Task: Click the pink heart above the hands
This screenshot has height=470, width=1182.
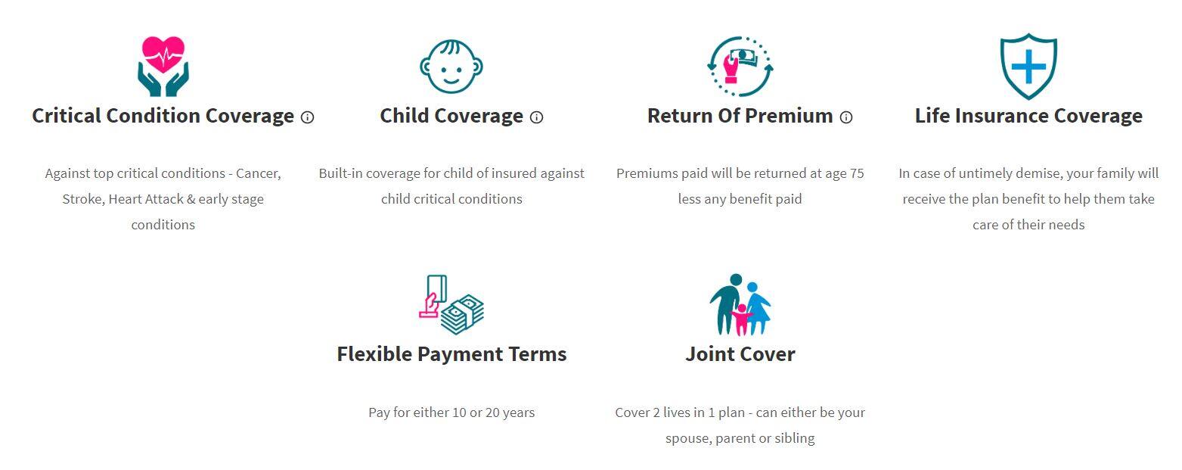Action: (x=163, y=54)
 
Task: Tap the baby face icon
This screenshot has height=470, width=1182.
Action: (x=451, y=67)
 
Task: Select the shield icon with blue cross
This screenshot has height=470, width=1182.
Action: (x=1028, y=66)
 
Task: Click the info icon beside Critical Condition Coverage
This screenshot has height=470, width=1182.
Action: (x=307, y=117)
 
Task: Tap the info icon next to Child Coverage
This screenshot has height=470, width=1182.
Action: (x=536, y=117)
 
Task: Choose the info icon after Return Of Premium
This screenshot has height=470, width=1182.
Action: (x=846, y=117)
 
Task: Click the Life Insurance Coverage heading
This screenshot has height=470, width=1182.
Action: (x=1028, y=116)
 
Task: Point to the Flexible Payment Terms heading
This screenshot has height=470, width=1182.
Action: (x=451, y=353)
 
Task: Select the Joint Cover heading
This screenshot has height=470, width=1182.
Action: (x=740, y=353)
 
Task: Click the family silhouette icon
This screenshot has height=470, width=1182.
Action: (x=740, y=305)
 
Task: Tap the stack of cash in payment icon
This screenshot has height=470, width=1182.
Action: (x=462, y=315)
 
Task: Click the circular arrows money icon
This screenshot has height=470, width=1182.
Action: (x=740, y=66)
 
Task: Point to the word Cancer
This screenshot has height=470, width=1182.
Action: (x=258, y=173)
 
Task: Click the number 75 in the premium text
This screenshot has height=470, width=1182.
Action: (x=856, y=173)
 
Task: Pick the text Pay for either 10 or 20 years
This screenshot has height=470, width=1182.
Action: (x=451, y=412)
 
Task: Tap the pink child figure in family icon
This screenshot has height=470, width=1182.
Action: (x=741, y=319)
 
